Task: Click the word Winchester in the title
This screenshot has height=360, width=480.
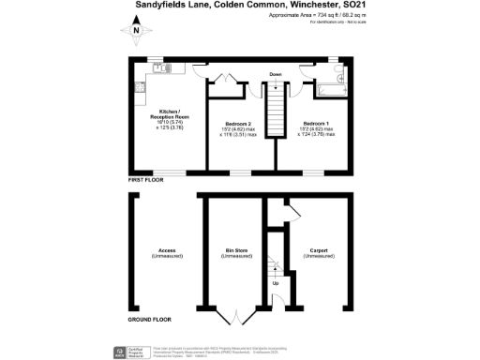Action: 316,6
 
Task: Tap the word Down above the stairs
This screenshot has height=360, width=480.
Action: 276,73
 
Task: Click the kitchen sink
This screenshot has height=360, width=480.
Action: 160,67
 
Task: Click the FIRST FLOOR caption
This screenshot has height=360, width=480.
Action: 145,178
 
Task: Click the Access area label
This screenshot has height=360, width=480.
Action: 167,253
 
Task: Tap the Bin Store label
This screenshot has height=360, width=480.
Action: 235,253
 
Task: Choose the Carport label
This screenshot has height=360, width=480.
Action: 316,253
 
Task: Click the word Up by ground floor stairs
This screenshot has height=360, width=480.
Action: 276,283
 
